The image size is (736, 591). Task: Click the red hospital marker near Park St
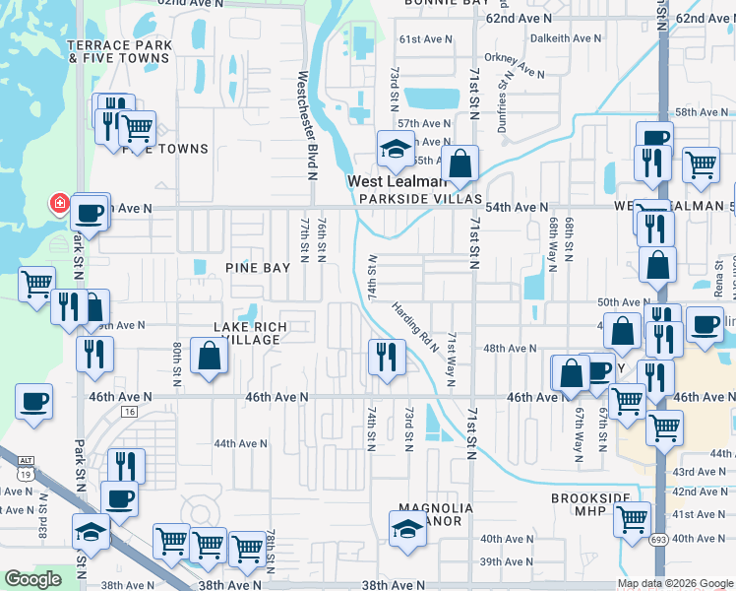tap(59, 203)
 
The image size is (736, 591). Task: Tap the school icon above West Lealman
tap(396, 149)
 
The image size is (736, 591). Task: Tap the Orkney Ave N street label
tap(521, 65)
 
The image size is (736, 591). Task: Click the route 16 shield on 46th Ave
tap(129, 411)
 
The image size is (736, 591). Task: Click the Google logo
tap(32, 579)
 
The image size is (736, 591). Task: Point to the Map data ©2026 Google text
tap(675, 583)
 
